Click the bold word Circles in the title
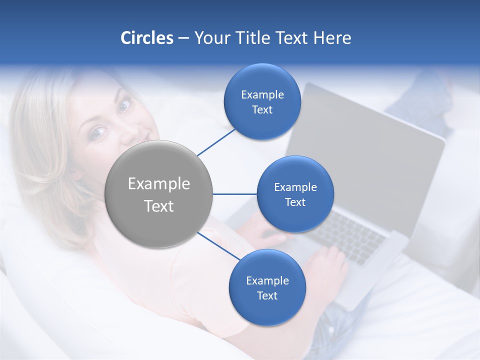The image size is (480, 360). coord(147,38)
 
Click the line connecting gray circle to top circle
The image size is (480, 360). coord(217,141)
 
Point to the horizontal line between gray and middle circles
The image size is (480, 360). coord(234,194)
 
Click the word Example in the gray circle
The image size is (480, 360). coord(159,184)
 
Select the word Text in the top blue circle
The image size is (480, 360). coord(262,110)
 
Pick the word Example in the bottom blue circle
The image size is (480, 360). coord(267,281)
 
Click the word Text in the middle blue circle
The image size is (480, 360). coord(295,202)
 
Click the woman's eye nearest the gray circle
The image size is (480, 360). coord(96,132)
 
